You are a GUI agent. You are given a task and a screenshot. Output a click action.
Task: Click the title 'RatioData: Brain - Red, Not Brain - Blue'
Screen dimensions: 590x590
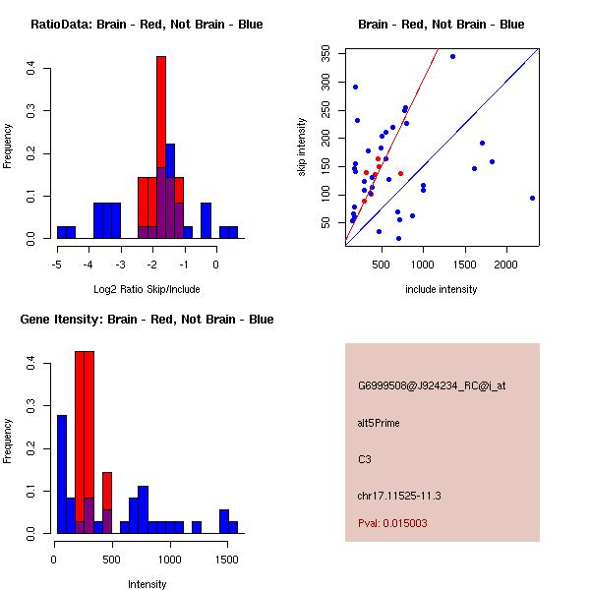147,25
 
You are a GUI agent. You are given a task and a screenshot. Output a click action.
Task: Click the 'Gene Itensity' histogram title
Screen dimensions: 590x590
147,320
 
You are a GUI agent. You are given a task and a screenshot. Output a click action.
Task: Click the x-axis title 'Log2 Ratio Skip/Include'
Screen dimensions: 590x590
147,289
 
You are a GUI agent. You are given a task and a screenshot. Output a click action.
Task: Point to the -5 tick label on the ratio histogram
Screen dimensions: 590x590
57,264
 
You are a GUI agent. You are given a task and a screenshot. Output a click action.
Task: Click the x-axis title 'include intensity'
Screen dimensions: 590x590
441,289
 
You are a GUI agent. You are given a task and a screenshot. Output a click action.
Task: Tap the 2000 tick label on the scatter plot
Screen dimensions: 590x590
505,264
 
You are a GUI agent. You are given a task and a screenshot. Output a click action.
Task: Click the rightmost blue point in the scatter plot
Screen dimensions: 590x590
532,198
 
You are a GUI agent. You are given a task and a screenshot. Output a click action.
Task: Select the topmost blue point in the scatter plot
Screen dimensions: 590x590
452,56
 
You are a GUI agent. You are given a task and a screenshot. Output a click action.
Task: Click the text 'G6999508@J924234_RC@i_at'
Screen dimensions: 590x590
432,386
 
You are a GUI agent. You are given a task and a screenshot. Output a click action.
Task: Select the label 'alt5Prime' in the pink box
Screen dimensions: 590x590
379,423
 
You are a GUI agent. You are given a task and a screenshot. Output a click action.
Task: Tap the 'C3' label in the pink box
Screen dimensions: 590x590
364,459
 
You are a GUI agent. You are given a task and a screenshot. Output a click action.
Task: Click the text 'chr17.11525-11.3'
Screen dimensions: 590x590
399,496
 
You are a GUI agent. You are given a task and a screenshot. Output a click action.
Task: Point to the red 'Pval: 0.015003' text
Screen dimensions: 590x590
392,524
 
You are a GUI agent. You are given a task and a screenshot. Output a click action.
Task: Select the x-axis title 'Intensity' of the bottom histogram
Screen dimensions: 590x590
147,584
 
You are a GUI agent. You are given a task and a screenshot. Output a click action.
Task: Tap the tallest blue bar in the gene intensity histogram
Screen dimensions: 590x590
62,473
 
